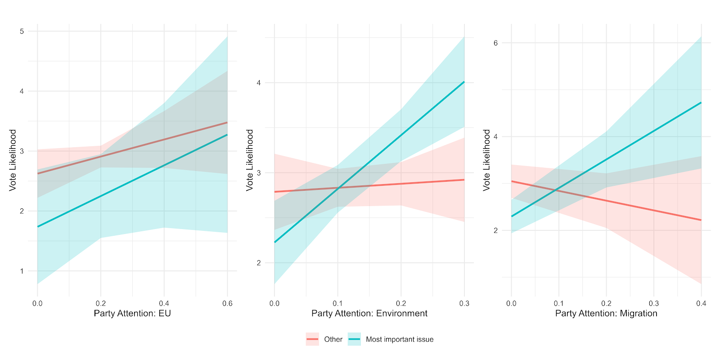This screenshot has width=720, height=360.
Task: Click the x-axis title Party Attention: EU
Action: (x=132, y=313)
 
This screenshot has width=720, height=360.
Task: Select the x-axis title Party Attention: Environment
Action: (x=369, y=313)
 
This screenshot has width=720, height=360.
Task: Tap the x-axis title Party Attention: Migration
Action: (x=606, y=313)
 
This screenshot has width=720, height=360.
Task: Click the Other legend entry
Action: (x=333, y=339)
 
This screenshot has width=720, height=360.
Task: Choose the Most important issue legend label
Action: (x=400, y=339)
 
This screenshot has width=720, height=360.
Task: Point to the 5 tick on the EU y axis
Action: (x=22, y=31)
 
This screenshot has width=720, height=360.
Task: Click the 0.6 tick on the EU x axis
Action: (x=227, y=304)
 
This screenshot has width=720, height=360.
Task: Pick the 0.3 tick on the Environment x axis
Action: (x=464, y=304)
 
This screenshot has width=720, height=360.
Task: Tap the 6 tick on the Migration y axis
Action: (x=495, y=43)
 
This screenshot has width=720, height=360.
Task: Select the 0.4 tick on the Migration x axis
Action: (x=701, y=304)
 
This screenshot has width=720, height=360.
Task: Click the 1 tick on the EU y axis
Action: (x=22, y=271)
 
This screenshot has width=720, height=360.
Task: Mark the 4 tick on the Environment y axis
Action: (x=259, y=83)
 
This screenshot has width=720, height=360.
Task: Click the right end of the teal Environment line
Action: (x=464, y=82)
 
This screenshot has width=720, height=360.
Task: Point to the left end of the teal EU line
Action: (x=38, y=226)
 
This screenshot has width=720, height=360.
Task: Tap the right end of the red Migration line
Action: (x=701, y=220)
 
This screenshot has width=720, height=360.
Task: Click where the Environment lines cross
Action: (x=338, y=188)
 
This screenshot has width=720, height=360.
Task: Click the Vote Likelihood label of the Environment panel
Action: (x=250, y=160)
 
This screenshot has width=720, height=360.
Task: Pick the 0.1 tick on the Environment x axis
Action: (x=338, y=304)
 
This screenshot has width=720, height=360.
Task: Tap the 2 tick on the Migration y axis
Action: (x=495, y=230)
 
